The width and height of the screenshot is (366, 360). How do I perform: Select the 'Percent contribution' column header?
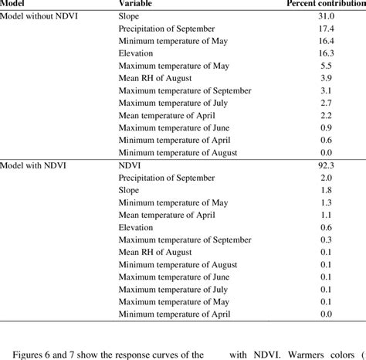(325, 3)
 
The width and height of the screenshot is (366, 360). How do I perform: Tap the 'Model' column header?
(15, 3)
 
